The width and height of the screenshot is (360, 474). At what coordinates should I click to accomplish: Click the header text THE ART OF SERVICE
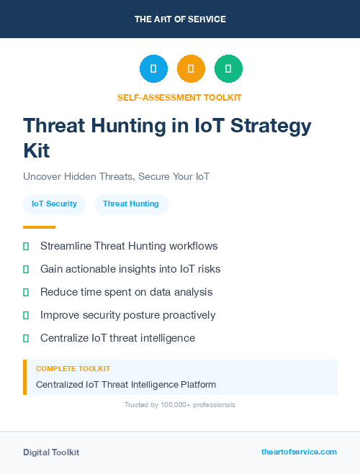180,19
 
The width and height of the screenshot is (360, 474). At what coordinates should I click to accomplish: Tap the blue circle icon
153,68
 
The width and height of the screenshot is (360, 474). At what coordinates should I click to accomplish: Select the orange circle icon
191,68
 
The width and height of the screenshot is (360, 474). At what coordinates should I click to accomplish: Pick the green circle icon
228,68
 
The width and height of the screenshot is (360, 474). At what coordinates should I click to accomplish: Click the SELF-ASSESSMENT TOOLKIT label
180,97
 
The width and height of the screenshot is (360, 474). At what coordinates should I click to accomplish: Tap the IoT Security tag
54,204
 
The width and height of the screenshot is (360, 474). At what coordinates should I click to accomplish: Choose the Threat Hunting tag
131,204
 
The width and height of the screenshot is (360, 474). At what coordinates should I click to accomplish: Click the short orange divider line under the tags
39,227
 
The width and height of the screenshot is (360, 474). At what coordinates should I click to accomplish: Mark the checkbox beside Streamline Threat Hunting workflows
26,246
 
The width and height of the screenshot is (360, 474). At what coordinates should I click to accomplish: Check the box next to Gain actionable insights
26,269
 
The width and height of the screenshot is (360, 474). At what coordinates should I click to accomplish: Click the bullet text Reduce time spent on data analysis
126,292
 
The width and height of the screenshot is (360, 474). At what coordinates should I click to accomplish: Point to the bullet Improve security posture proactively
127,315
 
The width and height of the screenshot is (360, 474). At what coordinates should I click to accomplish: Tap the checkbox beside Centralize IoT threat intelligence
26,338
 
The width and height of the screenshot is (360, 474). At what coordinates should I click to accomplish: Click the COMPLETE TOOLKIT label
73,369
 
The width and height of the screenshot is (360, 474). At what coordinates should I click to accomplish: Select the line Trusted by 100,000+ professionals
180,405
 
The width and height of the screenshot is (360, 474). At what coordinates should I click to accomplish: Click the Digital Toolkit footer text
51,452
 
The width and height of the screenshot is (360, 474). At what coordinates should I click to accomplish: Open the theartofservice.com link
299,452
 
